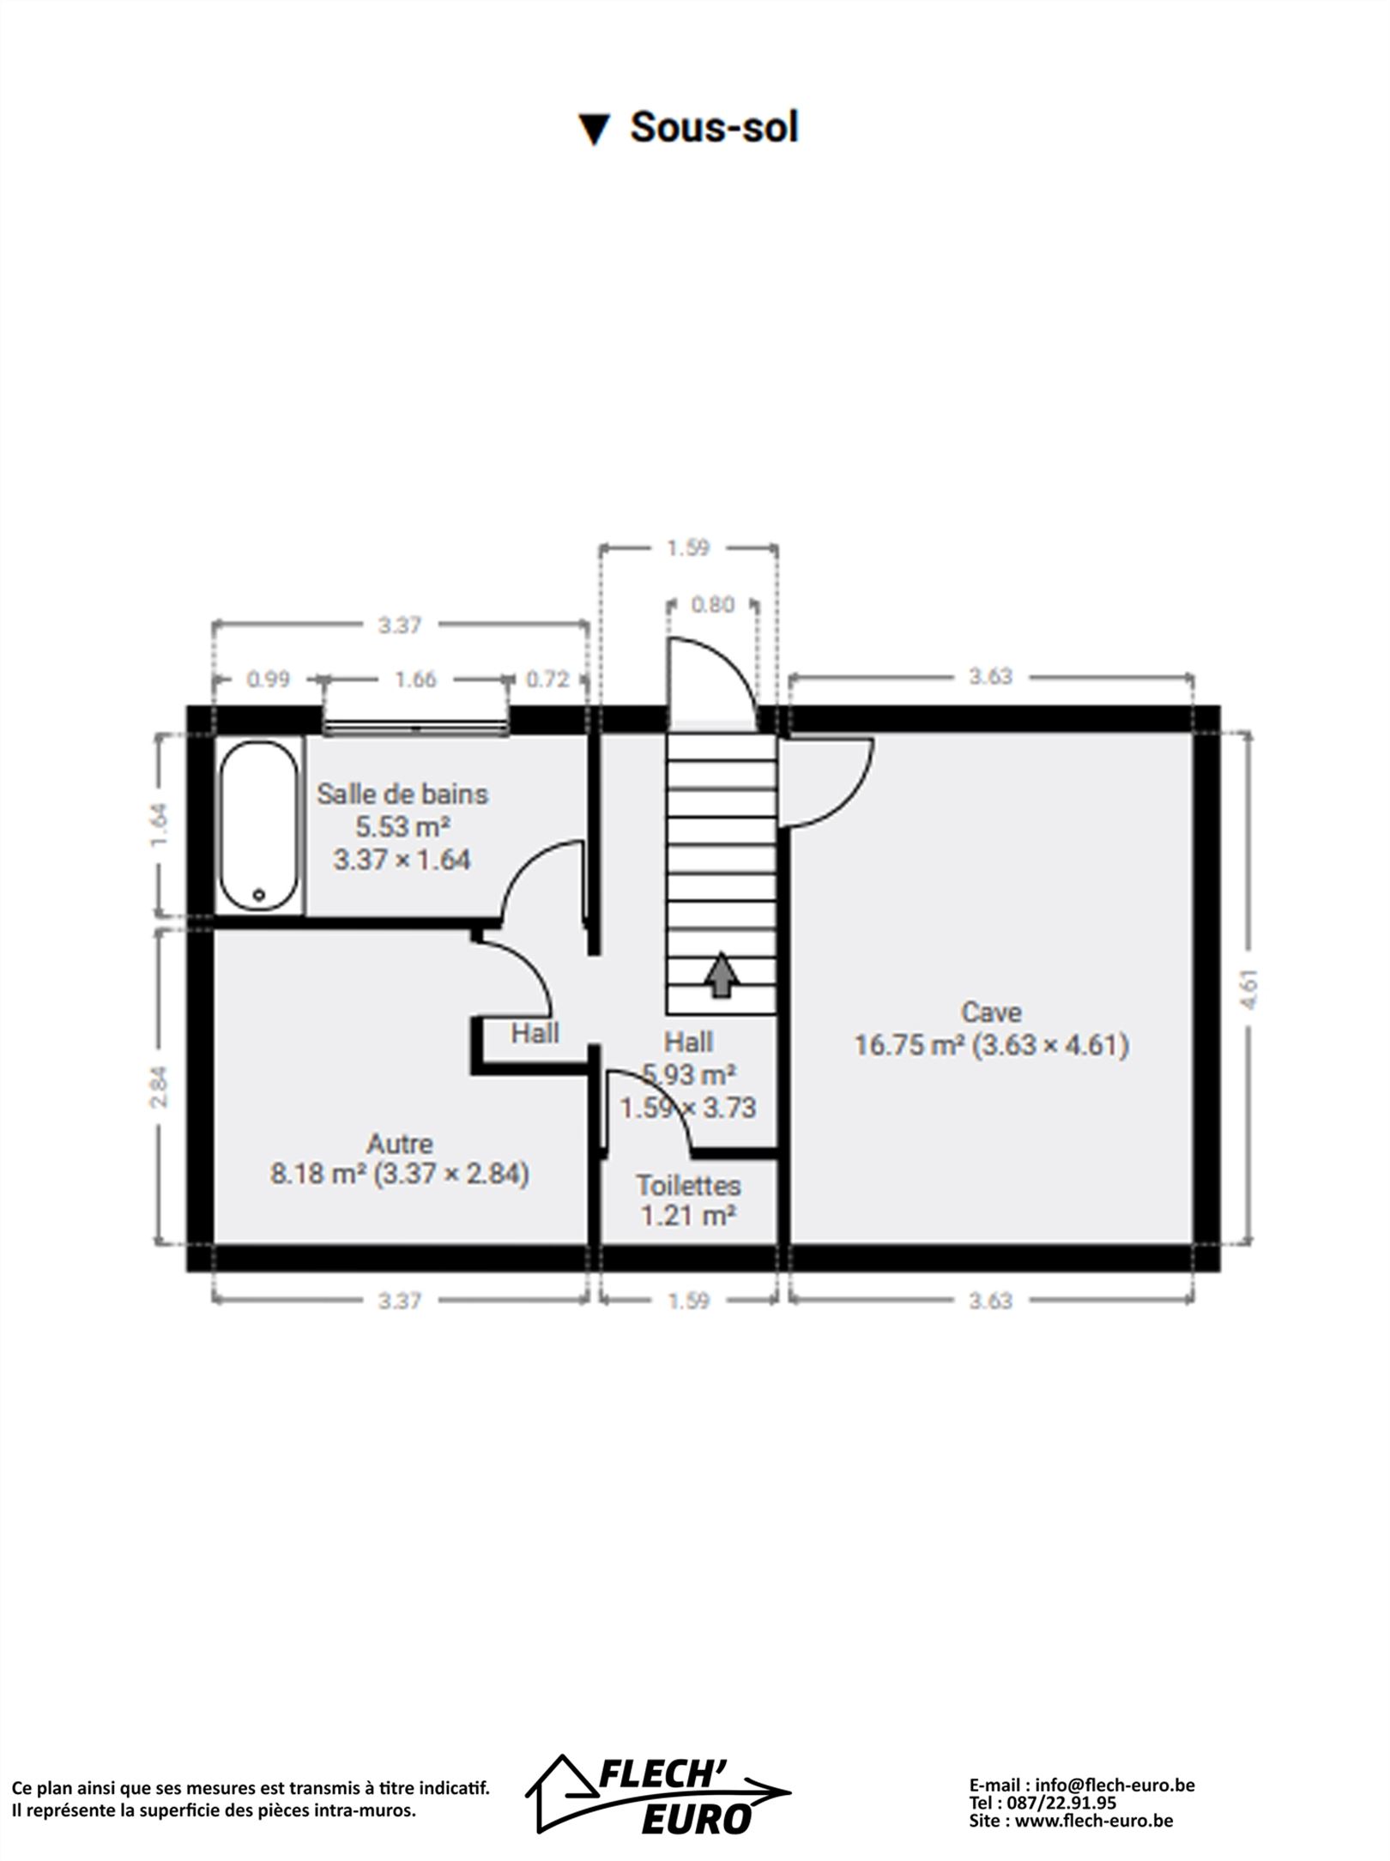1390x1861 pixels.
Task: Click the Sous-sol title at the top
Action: pos(689,128)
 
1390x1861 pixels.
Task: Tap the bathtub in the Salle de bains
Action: pos(258,825)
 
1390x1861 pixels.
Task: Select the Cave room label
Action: pos(991,1012)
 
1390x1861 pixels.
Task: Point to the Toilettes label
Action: pos(688,1185)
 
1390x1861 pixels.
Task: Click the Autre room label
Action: pos(400,1144)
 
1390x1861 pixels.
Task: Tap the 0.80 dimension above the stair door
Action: pos(713,605)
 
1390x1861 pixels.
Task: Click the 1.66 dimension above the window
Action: pos(415,680)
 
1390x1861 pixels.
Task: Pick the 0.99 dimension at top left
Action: pos(269,680)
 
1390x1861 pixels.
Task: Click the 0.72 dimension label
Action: pos(547,680)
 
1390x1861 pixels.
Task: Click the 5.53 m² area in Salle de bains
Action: pos(403,827)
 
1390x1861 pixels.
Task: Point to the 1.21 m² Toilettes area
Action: pos(688,1215)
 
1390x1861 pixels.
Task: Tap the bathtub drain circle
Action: pos(259,895)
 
